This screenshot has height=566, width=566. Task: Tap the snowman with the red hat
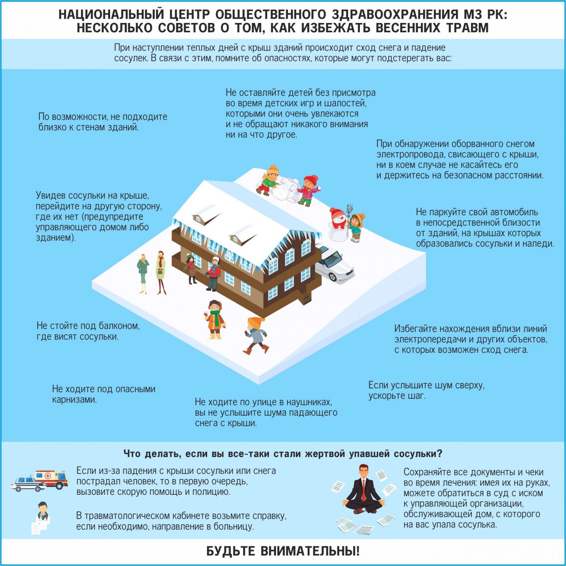coord(338,223)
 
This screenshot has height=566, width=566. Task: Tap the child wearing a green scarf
coord(215,320)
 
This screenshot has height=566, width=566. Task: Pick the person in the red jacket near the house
coord(214,274)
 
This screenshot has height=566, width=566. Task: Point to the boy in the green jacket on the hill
coord(269,180)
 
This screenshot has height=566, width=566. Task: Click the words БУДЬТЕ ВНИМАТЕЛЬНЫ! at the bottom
coord(283,551)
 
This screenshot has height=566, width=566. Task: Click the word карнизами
coord(75,400)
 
